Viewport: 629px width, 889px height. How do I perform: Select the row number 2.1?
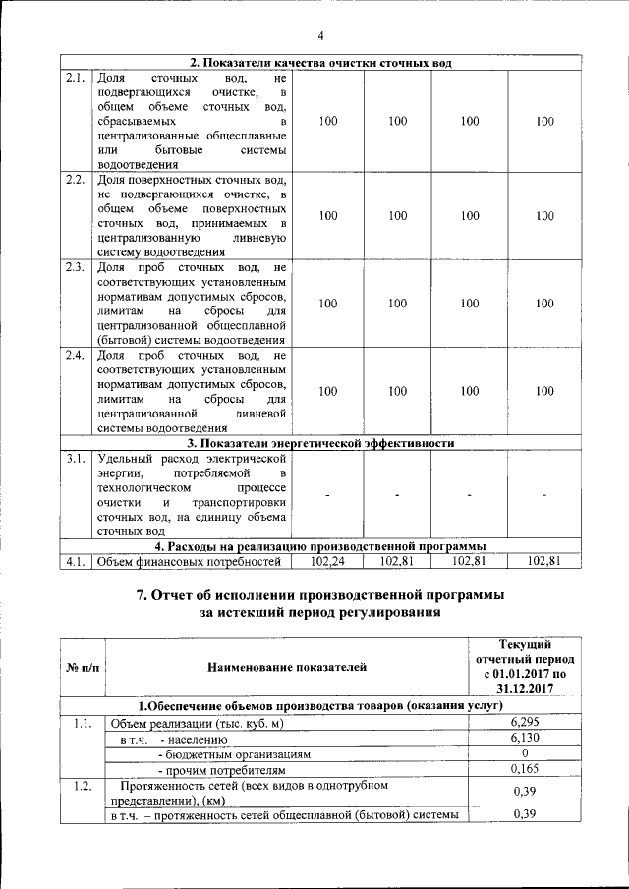(75, 77)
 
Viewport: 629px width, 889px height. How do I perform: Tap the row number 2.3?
(75, 267)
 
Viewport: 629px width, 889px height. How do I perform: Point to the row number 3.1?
(75, 458)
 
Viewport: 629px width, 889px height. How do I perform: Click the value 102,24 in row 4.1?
(324, 561)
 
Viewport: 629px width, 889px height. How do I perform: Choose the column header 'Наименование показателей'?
(287, 668)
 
